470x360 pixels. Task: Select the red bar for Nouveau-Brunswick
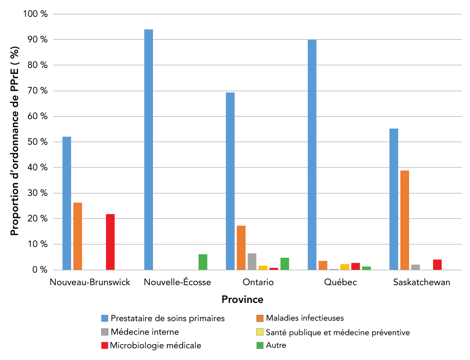(110, 242)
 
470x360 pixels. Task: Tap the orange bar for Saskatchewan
(405, 220)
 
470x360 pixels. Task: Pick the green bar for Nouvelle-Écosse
(203, 262)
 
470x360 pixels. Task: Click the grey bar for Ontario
(252, 262)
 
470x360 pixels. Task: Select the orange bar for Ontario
(241, 248)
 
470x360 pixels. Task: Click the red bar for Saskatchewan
(437, 265)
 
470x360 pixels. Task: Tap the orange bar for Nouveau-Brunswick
(78, 236)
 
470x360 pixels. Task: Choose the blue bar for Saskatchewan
(394, 199)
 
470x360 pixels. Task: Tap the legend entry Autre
(276, 345)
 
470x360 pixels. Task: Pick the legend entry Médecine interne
(144, 332)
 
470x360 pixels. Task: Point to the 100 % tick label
(35, 14)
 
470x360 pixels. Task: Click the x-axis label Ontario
(258, 282)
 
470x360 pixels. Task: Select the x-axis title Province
(242, 300)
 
